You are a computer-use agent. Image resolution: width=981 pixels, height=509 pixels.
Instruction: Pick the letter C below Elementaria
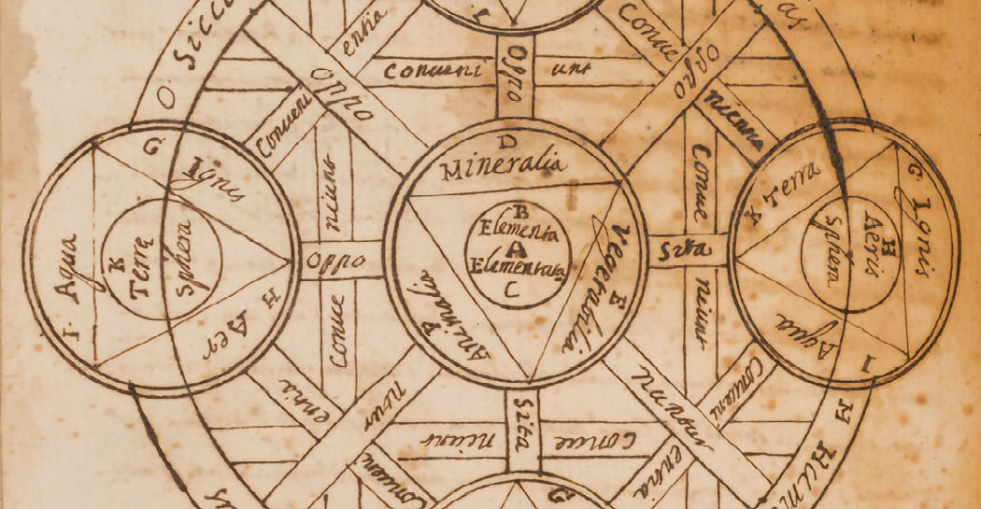(x=510, y=290)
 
